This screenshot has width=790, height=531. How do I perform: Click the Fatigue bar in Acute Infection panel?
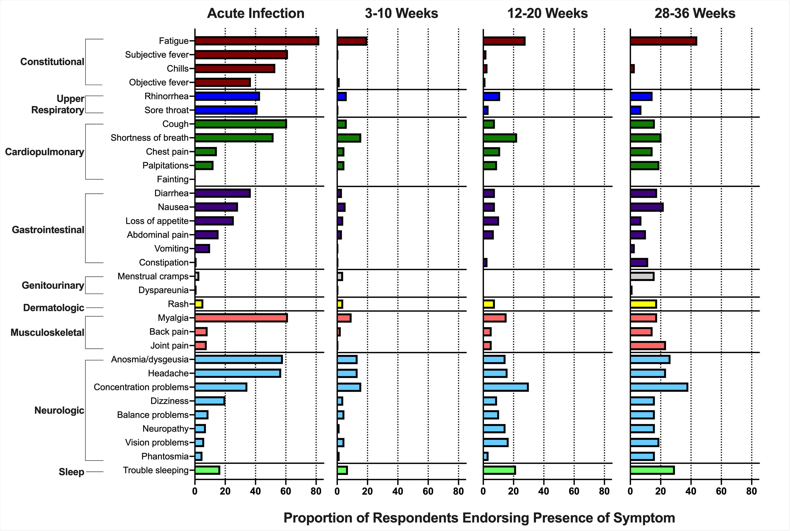257,41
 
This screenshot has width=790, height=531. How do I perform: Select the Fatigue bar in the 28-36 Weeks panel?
663,41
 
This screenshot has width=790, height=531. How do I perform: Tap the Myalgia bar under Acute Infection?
241,318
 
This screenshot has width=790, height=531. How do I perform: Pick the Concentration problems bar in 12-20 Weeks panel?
506,387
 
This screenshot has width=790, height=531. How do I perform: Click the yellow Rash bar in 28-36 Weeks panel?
643,304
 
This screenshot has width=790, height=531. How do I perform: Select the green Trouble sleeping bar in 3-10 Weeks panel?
342,470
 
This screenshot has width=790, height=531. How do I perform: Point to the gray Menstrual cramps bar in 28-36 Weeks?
642,276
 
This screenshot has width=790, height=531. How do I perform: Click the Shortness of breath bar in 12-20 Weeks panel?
500,138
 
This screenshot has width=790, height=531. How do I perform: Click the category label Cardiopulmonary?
44,152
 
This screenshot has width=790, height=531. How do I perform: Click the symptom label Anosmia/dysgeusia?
150,359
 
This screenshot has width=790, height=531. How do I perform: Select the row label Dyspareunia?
163,290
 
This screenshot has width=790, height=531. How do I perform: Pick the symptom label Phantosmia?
165,456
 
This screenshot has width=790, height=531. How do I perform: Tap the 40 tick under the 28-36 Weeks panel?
691,491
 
